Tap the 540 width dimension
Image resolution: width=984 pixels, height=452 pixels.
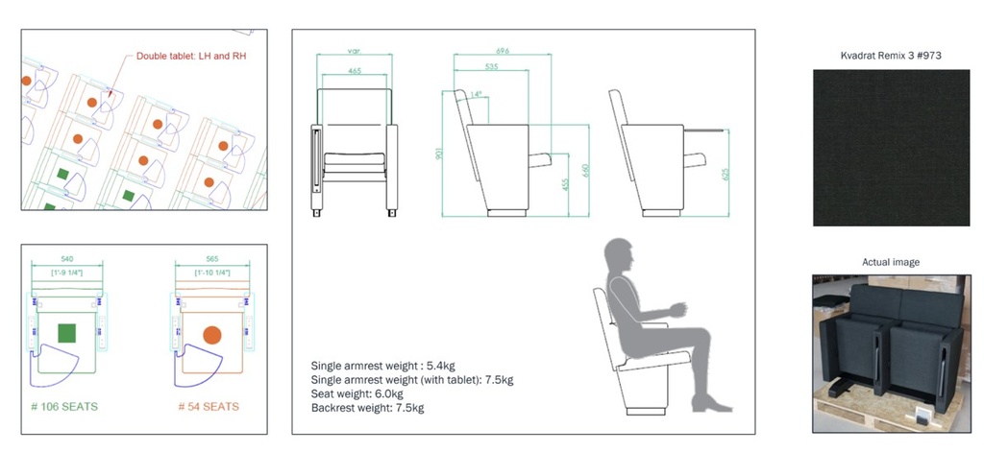[x=65, y=259]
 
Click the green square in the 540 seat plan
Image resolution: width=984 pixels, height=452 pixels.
[x=66, y=333]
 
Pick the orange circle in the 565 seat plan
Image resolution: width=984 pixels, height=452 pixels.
[x=212, y=335]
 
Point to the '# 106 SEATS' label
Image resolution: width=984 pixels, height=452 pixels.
[x=64, y=407]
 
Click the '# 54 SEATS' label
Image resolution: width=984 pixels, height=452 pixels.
[x=209, y=407]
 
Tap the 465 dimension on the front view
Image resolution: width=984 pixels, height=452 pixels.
[x=355, y=72]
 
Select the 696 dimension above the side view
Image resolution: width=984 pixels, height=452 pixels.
[x=503, y=51]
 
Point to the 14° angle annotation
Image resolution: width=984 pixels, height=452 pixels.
[x=476, y=94]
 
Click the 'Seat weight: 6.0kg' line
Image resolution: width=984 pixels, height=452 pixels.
[x=357, y=393]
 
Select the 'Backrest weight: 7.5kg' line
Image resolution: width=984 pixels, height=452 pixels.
[x=367, y=408]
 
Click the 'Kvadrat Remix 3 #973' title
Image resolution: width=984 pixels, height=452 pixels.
[x=891, y=56]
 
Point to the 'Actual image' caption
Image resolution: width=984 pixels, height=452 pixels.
[x=891, y=262]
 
